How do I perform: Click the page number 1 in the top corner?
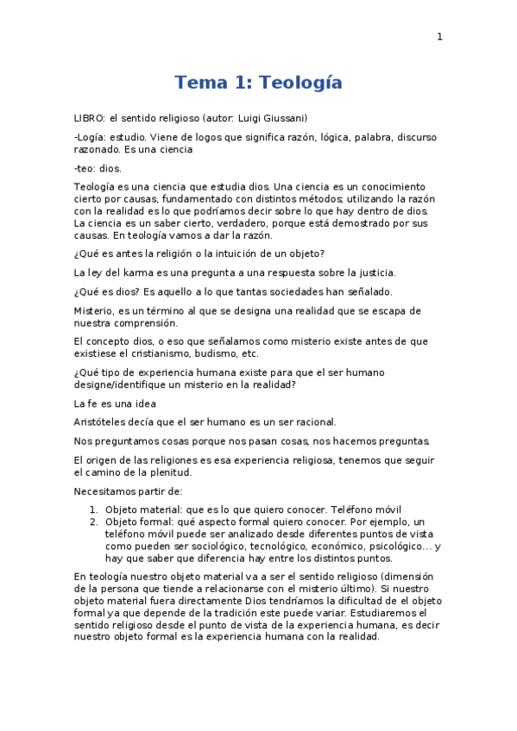(439, 36)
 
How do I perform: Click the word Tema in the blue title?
(198, 83)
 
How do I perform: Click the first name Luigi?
(249, 118)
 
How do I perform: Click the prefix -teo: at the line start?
(85, 168)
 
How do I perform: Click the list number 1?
(93, 509)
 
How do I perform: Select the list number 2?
(93, 522)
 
